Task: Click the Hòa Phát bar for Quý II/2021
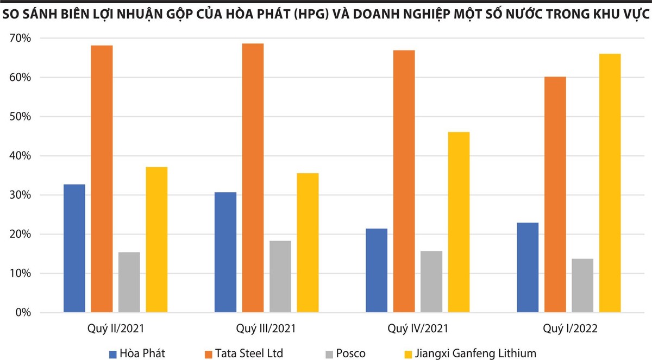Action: coord(74,249)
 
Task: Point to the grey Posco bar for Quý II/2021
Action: coord(129,282)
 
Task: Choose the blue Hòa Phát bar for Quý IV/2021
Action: coord(377,270)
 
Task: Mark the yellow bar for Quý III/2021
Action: coord(308,243)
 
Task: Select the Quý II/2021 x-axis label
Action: coord(116,329)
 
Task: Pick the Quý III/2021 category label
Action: coord(267,329)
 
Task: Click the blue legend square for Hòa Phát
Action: coord(113,354)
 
